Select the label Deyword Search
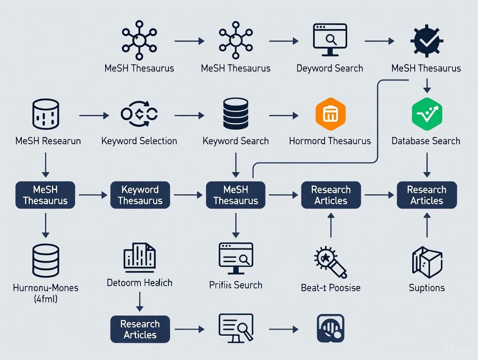coord(329,68)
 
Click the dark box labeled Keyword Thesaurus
coord(140,195)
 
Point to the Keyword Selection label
coord(139,141)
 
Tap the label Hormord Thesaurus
coord(329,141)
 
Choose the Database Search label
coord(426,141)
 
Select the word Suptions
coord(426,288)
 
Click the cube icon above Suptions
coord(426,262)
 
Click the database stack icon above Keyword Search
coord(236,114)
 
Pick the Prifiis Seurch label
coord(236,285)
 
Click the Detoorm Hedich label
coord(139,283)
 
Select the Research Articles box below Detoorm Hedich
coord(140,329)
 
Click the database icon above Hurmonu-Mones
coord(45,260)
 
